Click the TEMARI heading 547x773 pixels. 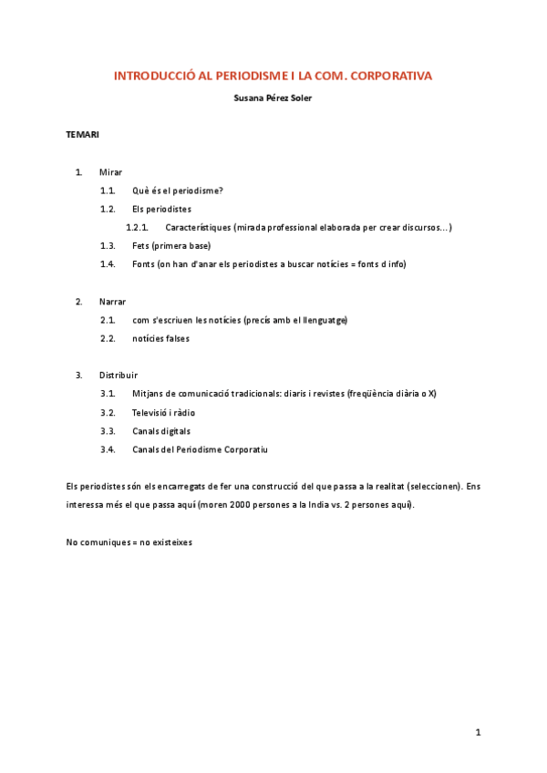[83, 135]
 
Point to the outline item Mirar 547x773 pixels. [110, 172]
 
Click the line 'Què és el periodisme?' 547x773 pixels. [178, 191]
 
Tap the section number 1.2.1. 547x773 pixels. [137, 227]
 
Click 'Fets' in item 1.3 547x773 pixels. [140, 246]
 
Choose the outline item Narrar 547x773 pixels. [113, 302]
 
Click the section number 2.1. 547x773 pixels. [108, 320]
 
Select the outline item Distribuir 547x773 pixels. [119, 376]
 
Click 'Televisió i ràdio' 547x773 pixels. [164, 413]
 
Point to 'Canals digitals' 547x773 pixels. [162, 431]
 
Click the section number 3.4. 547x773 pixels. [108, 449]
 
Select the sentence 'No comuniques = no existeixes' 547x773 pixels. [129, 542]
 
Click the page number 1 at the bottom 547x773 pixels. [478, 732]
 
